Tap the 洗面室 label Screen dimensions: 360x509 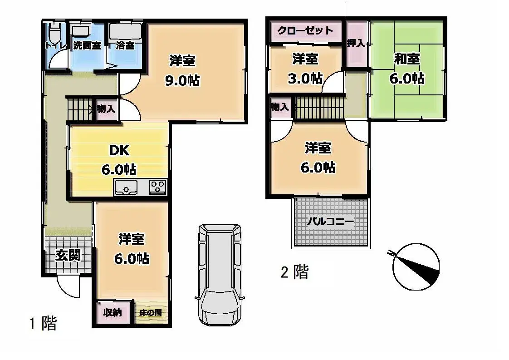pos(87,45)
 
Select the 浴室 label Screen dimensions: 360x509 pos(125,45)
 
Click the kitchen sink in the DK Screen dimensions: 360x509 pos(126,187)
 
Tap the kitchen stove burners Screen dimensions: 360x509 pos(158,187)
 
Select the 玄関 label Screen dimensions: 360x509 pos(68,255)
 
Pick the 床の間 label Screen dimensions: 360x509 pos(150,313)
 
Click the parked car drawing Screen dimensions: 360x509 pos(220,274)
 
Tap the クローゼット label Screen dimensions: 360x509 pos(305,31)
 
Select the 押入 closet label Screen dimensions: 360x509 pos(356,44)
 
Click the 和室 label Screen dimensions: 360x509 pos(406,59)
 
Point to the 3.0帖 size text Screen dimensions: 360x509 pos(305,78)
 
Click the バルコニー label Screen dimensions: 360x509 pos(330,222)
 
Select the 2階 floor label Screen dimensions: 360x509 pos(294,272)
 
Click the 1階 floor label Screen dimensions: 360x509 pos(43,324)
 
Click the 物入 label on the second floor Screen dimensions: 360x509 pos(279,107)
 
